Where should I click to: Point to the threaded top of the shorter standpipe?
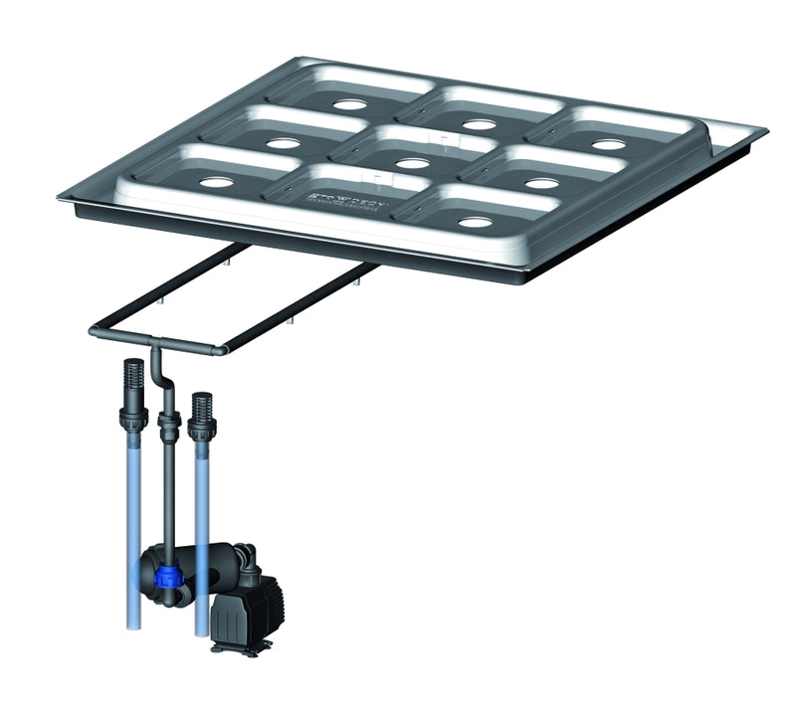pyautogui.click(x=202, y=409)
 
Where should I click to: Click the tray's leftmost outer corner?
pyautogui.click(x=60, y=197)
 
